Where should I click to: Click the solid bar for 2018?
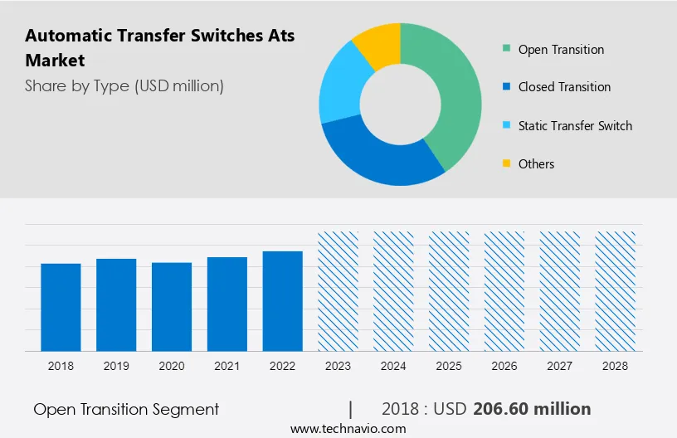pos(61,307)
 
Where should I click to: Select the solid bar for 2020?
pos(172,306)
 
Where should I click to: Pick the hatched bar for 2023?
pos(338,290)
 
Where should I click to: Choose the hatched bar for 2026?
pos(504,290)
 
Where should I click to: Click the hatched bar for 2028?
pos(616,290)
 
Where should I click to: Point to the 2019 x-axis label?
pos(116,366)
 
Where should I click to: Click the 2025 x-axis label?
pos(449,366)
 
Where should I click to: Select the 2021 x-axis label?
pos(227,366)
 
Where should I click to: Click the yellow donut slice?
pos(378,45)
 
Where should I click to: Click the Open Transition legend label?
pos(561,50)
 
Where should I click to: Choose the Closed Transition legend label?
pos(564,87)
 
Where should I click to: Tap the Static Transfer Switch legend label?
pos(575,126)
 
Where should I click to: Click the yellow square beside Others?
pos(506,164)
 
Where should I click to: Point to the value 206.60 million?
pos(532,409)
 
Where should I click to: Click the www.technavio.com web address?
pos(348,429)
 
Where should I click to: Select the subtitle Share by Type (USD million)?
pos(124,85)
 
